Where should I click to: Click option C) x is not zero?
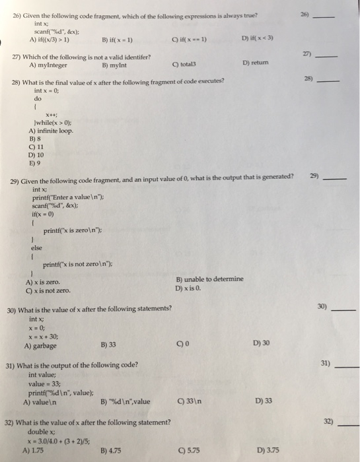point(49,290)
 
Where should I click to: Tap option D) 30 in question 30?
point(260,343)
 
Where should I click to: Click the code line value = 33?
point(44,383)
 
